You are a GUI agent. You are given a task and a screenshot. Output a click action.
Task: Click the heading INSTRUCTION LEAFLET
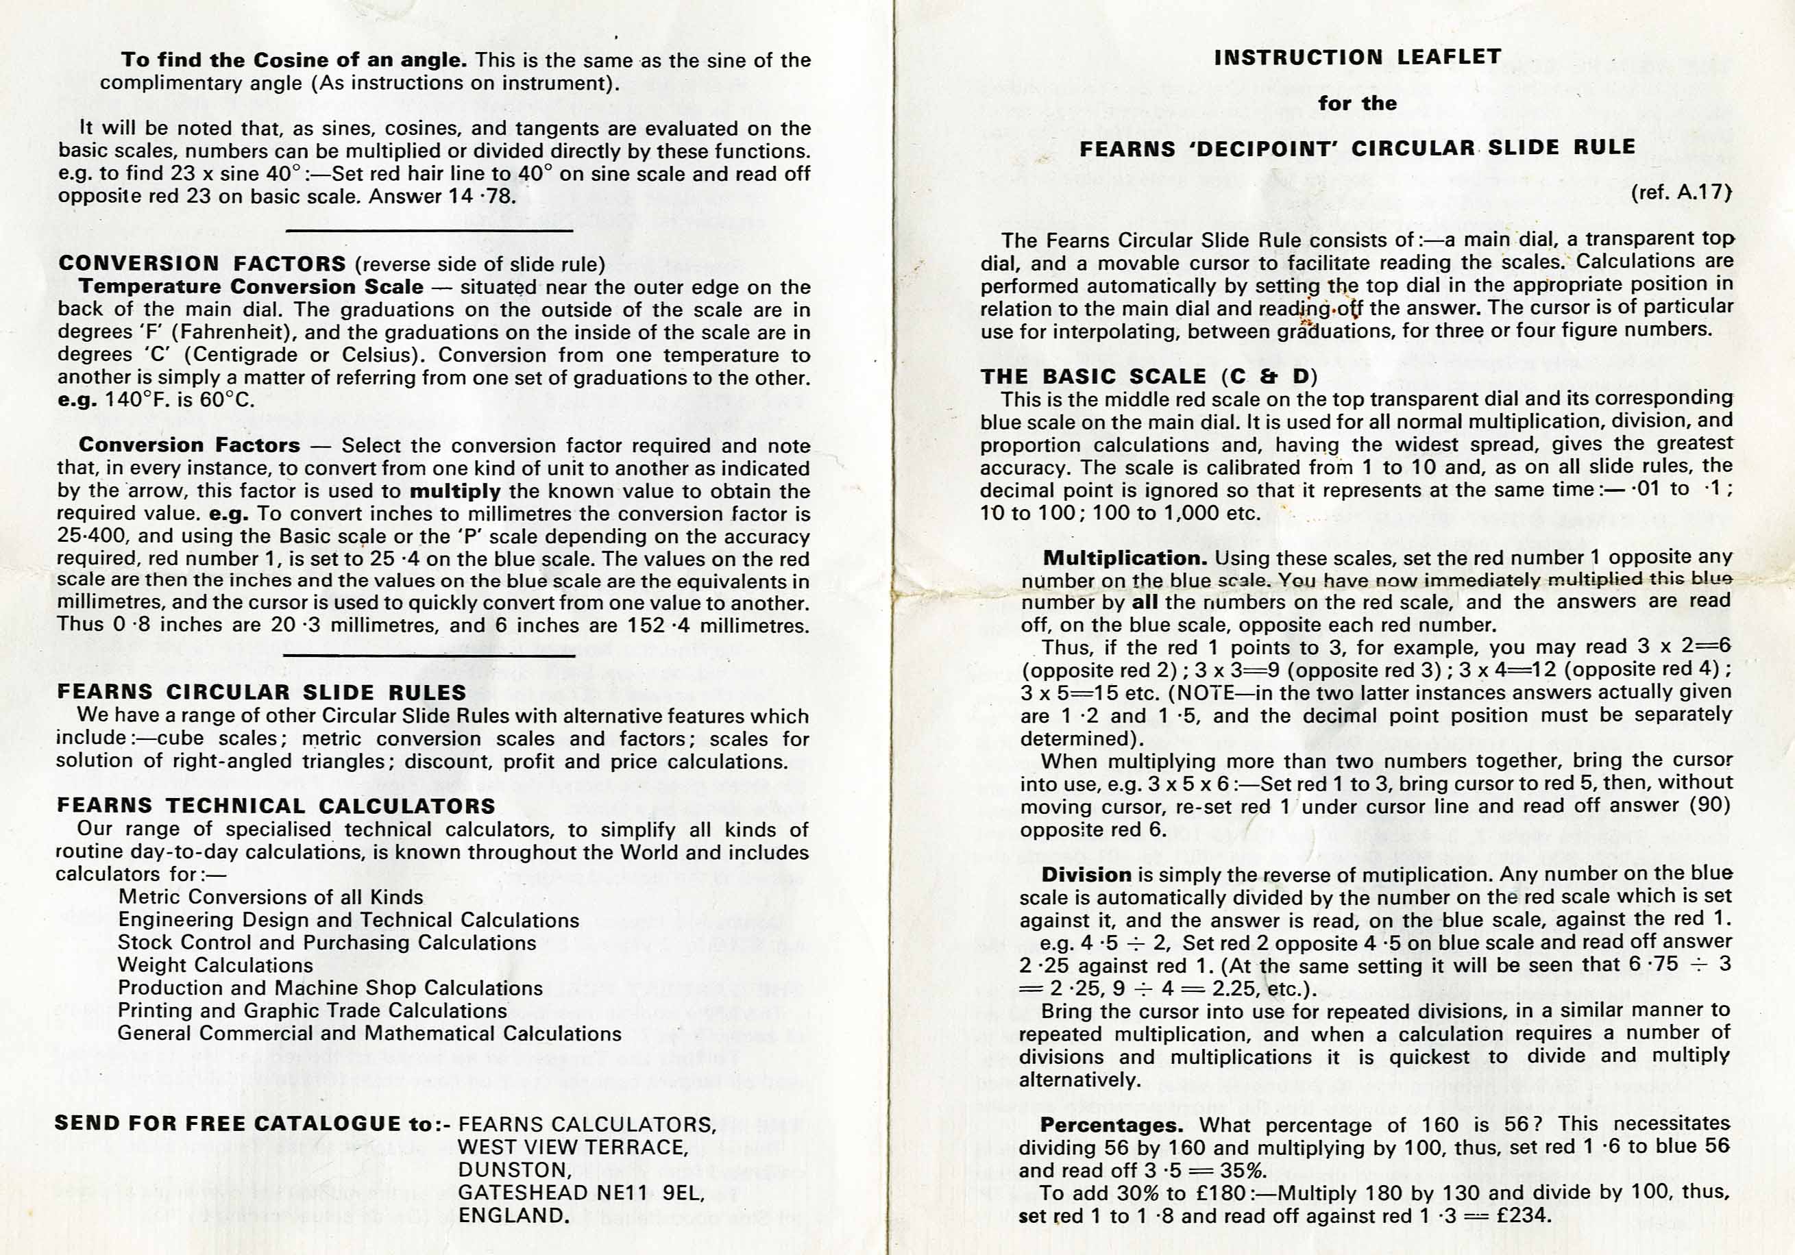click(x=1357, y=57)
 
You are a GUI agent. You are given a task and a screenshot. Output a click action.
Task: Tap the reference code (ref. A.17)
click(x=1680, y=192)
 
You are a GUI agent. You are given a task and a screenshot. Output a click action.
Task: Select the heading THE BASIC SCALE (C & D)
click(x=1149, y=377)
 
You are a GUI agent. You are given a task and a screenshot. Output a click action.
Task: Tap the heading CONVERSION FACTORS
click(x=202, y=264)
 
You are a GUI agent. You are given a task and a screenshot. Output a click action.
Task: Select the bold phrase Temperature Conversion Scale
click(x=251, y=287)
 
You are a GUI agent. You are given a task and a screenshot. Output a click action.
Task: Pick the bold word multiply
click(x=455, y=492)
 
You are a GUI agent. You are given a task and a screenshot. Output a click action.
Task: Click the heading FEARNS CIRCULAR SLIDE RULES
click(x=261, y=693)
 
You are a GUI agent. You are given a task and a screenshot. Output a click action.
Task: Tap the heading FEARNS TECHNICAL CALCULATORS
click(x=276, y=806)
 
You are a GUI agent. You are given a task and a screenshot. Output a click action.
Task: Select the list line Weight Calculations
click(x=215, y=965)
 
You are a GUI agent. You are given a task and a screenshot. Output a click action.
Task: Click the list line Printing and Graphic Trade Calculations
click(x=312, y=1010)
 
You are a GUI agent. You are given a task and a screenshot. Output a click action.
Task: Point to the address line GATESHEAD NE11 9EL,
click(x=581, y=1193)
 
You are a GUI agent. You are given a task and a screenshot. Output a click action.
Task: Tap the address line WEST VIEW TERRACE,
click(x=573, y=1147)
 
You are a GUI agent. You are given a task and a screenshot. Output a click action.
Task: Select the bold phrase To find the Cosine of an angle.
click(x=294, y=60)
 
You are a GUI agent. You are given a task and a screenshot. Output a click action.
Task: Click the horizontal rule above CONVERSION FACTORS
click(x=429, y=232)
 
